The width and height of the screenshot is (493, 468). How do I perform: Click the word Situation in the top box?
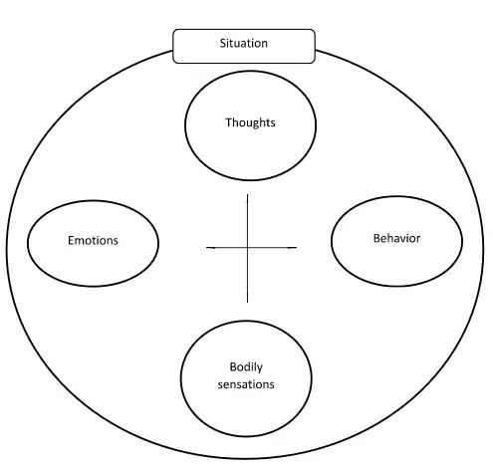(244, 43)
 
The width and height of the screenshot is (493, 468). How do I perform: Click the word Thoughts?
(250, 122)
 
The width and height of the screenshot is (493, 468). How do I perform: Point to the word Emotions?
(93, 240)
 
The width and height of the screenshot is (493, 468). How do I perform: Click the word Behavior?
(396, 238)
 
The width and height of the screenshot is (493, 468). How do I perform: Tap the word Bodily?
(246, 367)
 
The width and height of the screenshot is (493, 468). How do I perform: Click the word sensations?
(246, 384)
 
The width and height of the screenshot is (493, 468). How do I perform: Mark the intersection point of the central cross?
(247, 247)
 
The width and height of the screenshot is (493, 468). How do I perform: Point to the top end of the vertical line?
(247, 194)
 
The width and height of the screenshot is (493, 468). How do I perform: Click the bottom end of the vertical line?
(247, 303)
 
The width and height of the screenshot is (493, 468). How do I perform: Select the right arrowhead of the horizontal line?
(293, 247)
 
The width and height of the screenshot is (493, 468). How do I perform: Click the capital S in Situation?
(223, 43)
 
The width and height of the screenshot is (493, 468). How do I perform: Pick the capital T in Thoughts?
(229, 122)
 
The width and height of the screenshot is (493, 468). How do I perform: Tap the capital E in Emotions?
(71, 240)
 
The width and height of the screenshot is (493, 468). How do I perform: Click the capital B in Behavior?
(376, 238)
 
